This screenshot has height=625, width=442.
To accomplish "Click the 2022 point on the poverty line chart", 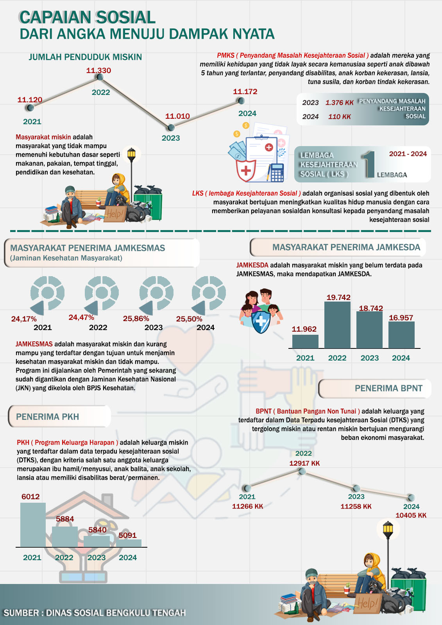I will (100, 77).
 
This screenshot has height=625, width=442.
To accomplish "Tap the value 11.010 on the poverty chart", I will (177, 116).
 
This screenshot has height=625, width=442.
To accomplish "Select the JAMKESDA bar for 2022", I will (337, 325).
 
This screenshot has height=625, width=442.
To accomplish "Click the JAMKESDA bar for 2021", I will (305, 341).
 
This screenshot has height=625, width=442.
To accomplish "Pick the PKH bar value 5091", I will (127, 535).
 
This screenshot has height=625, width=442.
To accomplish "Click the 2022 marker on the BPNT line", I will (302, 471).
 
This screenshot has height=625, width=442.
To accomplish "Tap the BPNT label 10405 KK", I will (411, 515).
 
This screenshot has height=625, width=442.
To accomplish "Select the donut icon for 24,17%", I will (47, 293).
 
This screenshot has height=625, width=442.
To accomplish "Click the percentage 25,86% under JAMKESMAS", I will (136, 319).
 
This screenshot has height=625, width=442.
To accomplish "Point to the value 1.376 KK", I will (339, 103).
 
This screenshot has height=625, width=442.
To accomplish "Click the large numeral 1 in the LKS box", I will (369, 164).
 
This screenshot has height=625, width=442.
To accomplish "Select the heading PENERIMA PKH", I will (47, 417).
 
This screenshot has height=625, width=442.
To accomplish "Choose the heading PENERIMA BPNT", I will (388, 388).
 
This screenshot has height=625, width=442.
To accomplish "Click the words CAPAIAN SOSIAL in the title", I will (88, 18).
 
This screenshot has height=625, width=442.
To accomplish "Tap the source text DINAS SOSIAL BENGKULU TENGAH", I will (116, 613).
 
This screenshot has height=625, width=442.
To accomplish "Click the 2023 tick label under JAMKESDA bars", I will (369, 358).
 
